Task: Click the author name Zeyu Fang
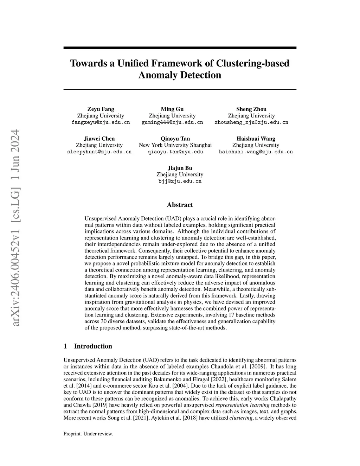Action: pos(101,109)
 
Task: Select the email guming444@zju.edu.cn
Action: pos(172,122)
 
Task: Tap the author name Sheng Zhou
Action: pos(251,109)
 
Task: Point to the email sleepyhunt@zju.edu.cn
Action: pos(99,152)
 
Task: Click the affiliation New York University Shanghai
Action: pos(175,145)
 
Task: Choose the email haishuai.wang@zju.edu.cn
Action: pos(256,152)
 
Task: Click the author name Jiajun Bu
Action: pos(180,168)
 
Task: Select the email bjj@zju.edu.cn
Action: pos(180,181)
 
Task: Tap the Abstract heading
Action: pos(180,205)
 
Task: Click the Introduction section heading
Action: pos(93,346)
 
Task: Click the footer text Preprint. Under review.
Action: pos(88,434)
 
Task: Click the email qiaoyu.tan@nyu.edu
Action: pos(175,152)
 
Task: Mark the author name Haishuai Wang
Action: pos(256,139)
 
